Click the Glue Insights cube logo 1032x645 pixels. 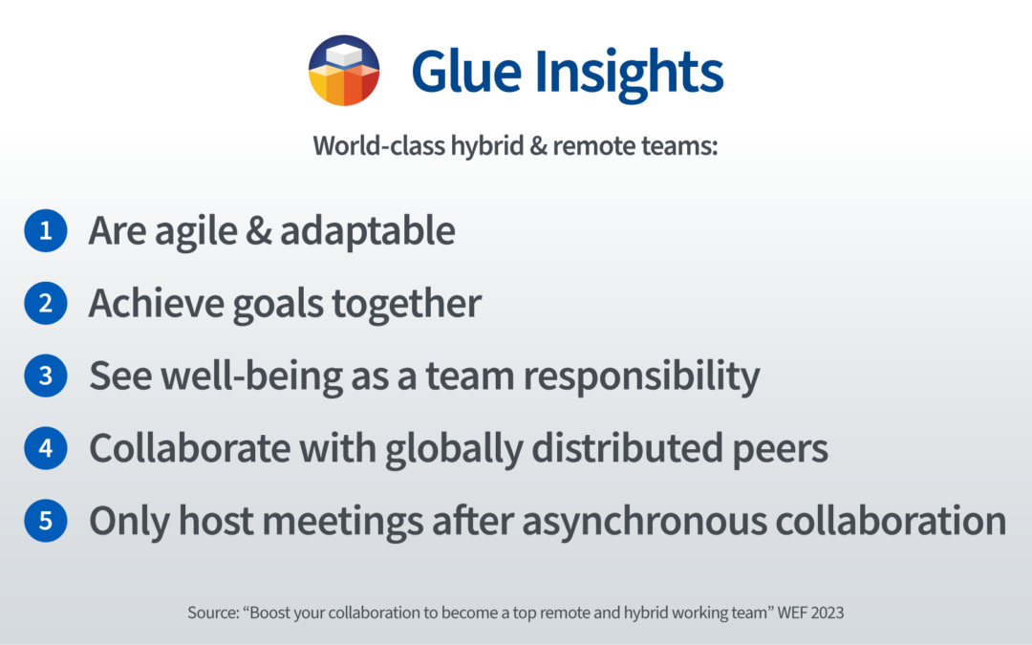click(344, 71)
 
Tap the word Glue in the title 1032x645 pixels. click(466, 71)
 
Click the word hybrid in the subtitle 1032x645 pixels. click(487, 146)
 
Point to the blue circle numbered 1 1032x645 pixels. click(46, 230)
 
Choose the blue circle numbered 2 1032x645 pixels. click(46, 303)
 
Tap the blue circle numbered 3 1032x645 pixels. click(46, 376)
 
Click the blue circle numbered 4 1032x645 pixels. click(46, 448)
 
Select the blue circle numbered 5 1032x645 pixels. click(46, 521)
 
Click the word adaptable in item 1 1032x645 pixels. click(367, 231)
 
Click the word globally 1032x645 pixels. click(454, 449)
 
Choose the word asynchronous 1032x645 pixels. click(644, 523)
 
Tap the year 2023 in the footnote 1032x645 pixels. click(828, 613)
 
